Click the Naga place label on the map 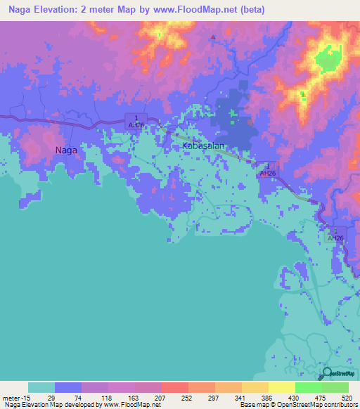[66, 150]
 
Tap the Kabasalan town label [203, 145]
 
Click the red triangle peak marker [213, 37]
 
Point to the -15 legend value [28, 396]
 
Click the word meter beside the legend [11, 396]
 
